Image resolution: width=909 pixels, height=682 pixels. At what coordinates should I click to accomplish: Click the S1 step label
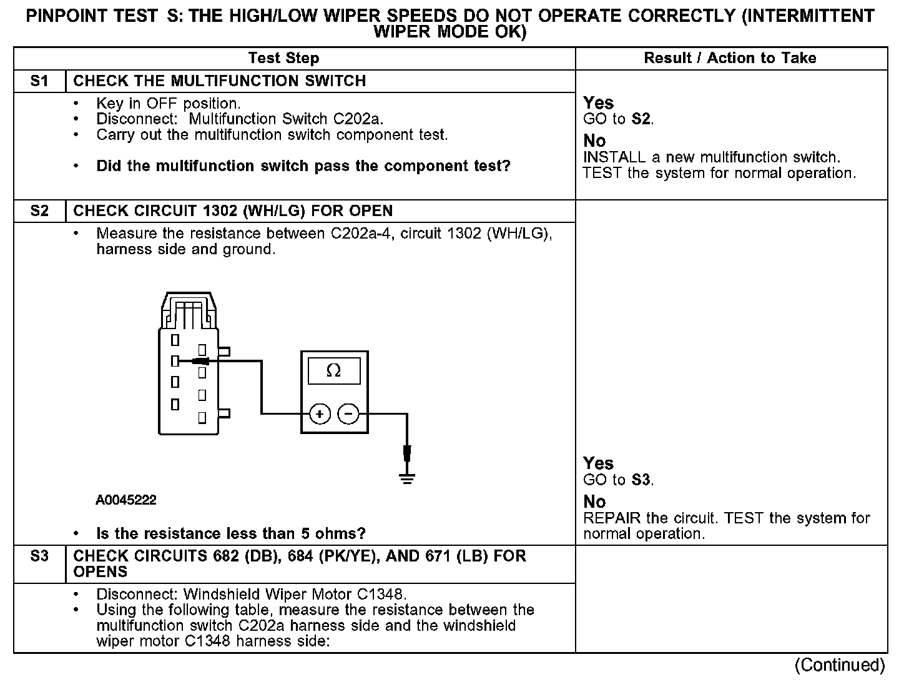39,81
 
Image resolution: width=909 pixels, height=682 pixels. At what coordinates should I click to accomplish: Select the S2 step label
39,211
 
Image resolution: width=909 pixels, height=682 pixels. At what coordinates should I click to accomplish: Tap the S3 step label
39,556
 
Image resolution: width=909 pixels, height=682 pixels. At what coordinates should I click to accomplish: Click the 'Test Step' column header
283,58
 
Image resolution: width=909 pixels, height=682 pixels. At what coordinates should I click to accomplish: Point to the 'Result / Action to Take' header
730,58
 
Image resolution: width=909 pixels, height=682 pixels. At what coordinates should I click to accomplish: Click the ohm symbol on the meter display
334,372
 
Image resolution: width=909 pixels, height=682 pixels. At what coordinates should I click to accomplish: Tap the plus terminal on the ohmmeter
320,413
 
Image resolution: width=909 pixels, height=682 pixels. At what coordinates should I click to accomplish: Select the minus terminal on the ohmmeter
348,413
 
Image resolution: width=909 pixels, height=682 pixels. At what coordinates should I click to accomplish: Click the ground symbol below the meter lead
407,478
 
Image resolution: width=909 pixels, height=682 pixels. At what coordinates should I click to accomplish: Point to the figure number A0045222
126,500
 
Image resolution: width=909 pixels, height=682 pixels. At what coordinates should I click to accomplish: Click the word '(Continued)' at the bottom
840,665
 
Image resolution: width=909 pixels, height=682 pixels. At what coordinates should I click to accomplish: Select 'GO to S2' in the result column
618,119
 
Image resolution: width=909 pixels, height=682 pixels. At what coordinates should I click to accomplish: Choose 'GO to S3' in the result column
618,480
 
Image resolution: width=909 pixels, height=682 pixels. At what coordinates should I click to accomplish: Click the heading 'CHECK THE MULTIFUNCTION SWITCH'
220,81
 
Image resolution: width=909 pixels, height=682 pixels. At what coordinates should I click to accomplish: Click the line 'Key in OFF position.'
169,103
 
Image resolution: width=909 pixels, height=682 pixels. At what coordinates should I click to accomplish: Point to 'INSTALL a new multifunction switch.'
712,157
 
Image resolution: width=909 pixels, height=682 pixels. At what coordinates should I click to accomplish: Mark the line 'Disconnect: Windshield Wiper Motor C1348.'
252,594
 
